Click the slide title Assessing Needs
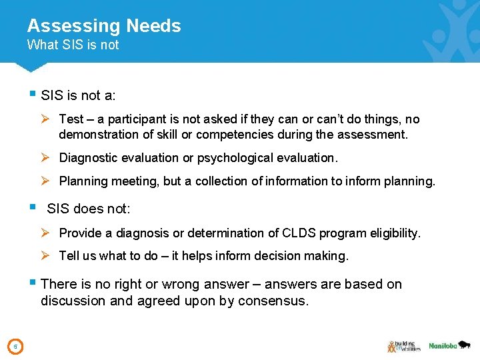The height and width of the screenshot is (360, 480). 104,26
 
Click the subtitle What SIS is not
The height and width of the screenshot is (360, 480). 73,45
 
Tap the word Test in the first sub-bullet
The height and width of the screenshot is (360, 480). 71,119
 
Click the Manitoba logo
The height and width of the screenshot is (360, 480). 450,345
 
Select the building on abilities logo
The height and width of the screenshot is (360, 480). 403,345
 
